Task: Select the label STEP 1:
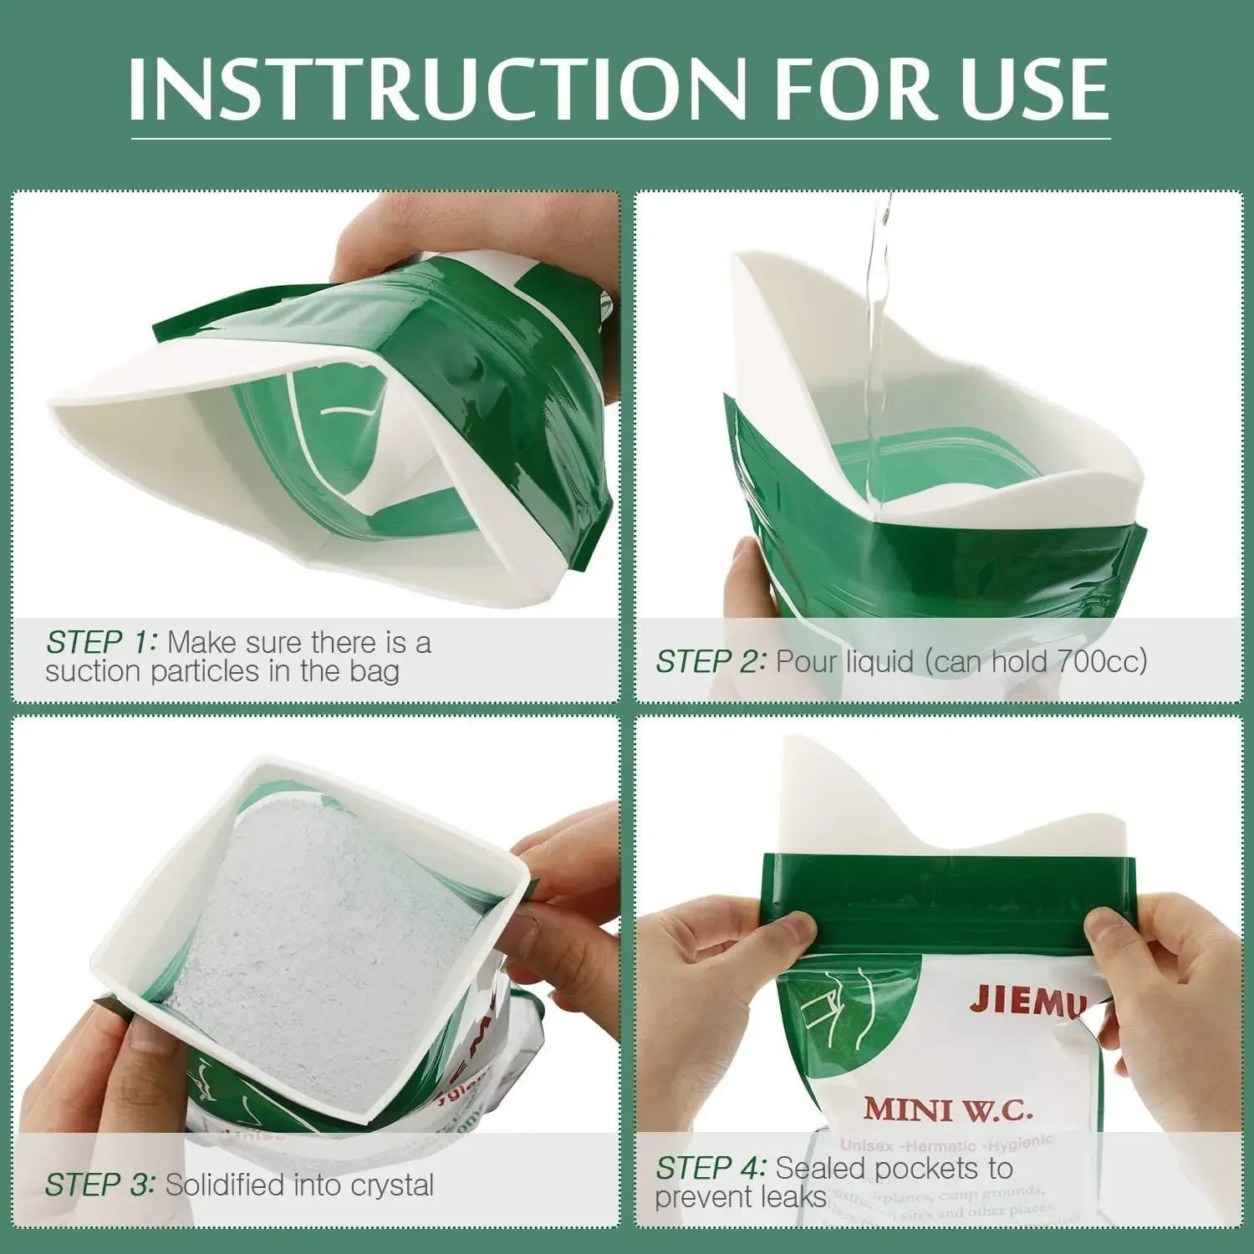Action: pos(101,642)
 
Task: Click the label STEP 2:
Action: pos(711,661)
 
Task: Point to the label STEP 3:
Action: pos(99,1185)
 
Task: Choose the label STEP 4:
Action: pos(711,1167)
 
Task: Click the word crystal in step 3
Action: pos(392,1185)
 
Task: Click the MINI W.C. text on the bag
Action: pos(949,1109)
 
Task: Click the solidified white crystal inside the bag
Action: pos(318,945)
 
